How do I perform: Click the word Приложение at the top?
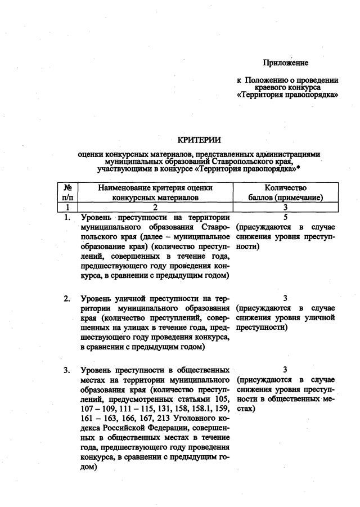[x=285, y=62]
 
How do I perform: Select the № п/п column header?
[x=67, y=192]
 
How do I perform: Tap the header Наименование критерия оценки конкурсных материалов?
[x=155, y=192]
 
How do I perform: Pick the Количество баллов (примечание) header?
[x=285, y=192]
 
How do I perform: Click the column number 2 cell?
[x=155, y=207]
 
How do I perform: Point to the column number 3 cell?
[x=285, y=207]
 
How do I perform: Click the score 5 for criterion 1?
[x=286, y=217]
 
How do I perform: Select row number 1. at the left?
[x=67, y=217]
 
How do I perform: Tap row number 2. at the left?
[x=67, y=298]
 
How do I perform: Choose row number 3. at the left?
[x=67, y=370]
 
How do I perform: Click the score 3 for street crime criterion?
[x=285, y=298]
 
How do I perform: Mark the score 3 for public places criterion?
[x=285, y=370]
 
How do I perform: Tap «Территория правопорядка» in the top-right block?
[x=288, y=96]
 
